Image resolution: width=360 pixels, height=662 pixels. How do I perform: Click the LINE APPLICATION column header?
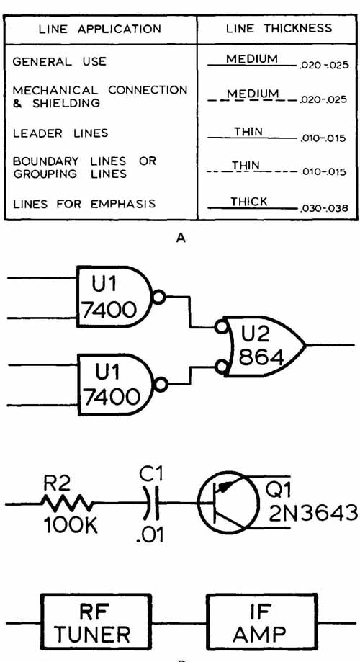click(x=99, y=29)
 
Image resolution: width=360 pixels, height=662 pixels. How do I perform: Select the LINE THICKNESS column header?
click(x=279, y=28)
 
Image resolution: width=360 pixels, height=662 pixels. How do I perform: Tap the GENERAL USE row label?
click(x=60, y=62)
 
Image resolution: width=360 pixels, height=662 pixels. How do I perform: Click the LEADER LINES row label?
click(x=60, y=133)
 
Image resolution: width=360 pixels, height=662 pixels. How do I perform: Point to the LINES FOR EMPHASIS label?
click(x=84, y=204)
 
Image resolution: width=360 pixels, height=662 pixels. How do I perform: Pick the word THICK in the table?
click(x=249, y=202)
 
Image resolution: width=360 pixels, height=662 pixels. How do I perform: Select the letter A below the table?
click(x=181, y=238)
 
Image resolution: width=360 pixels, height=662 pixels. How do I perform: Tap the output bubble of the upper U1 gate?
click(x=158, y=298)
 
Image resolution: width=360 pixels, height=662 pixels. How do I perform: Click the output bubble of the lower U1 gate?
click(x=161, y=385)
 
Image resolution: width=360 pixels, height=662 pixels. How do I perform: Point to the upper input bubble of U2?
click(x=220, y=327)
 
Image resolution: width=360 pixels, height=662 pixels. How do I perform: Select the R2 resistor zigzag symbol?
click(x=66, y=504)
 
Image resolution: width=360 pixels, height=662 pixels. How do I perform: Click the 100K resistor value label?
click(x=71, y=525)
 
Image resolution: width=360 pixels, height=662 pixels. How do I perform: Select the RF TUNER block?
click(x=96, y=622)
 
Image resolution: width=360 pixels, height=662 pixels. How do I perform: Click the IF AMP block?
click(x=261, y=622)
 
